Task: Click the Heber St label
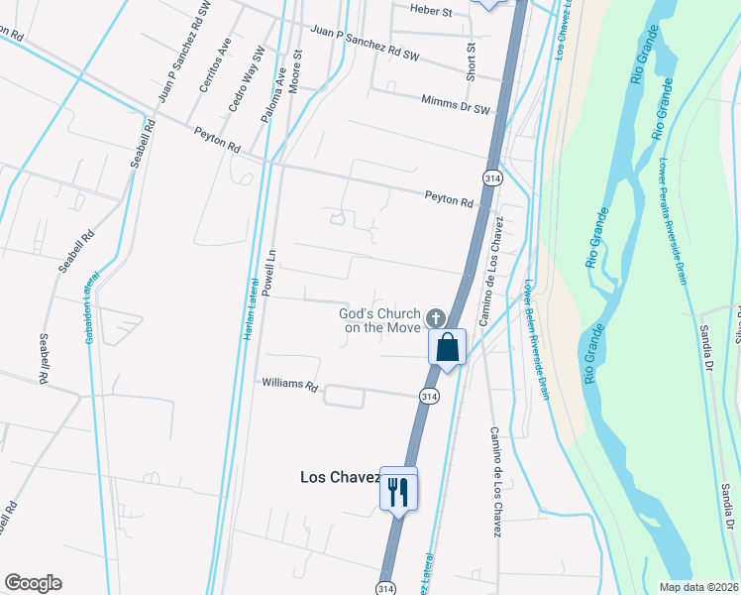431,12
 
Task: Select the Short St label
472,61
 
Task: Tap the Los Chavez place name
340,477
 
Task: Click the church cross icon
434,318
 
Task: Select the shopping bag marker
447,348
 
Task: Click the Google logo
33,583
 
